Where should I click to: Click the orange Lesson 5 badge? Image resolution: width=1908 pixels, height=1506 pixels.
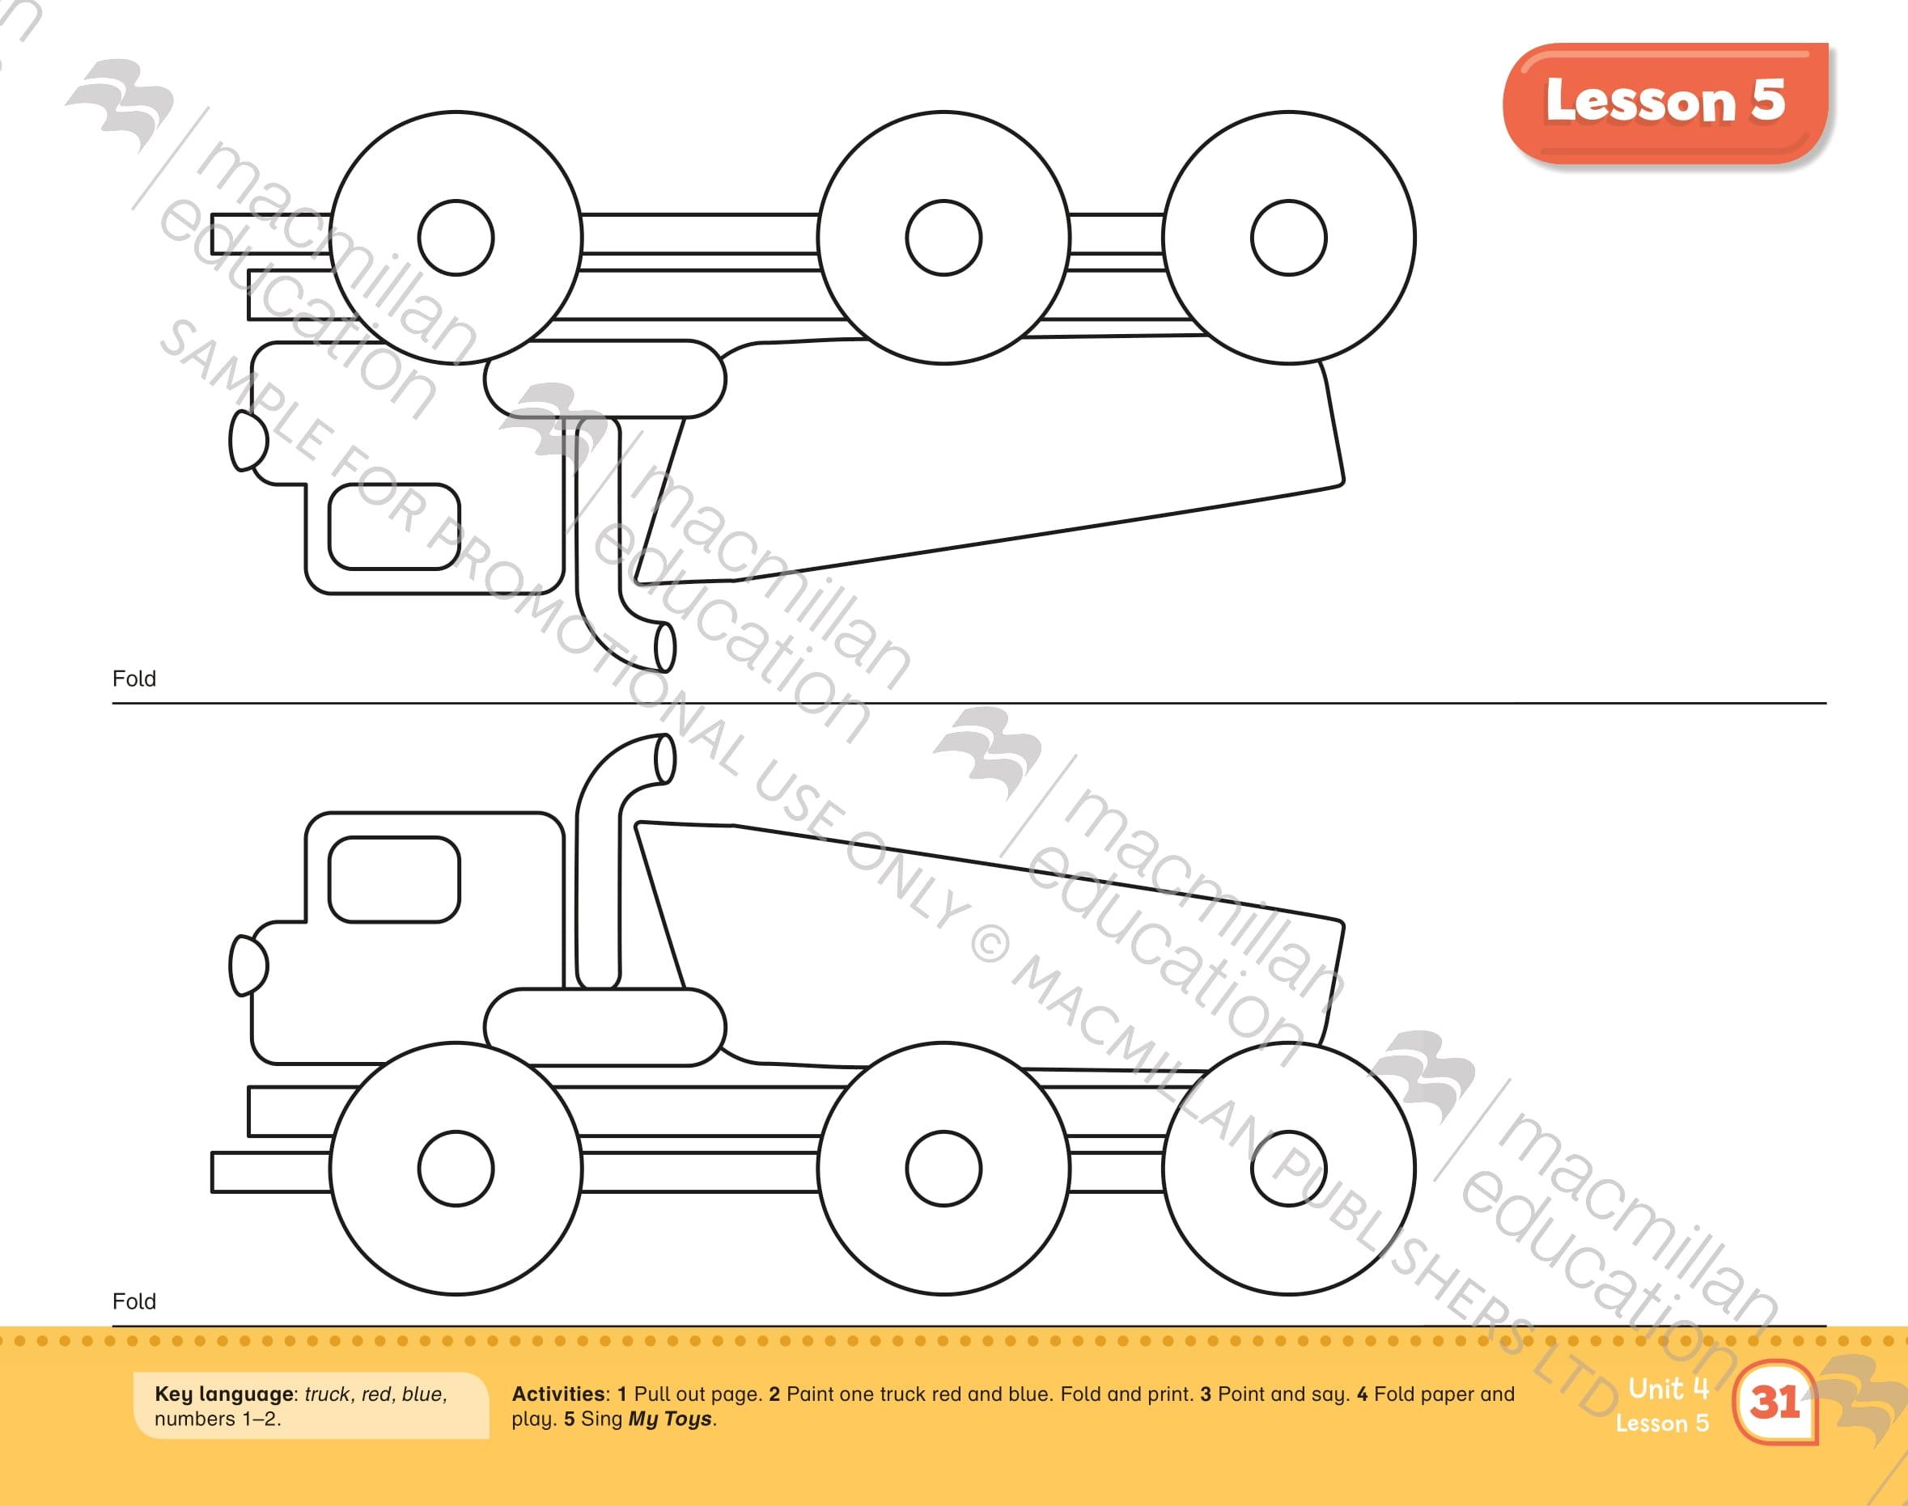1665,102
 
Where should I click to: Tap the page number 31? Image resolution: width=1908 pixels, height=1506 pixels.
1775,1401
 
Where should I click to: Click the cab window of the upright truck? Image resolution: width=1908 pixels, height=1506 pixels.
394,879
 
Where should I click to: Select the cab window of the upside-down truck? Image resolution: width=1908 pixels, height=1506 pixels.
394,527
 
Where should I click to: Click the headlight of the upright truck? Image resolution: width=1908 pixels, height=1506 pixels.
248,966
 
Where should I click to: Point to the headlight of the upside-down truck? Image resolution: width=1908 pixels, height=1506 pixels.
248,440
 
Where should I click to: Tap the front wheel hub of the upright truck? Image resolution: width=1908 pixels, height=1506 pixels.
456,1168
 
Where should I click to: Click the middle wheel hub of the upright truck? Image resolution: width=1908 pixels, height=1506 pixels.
943,1168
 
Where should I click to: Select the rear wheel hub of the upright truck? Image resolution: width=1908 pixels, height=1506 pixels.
1289,1168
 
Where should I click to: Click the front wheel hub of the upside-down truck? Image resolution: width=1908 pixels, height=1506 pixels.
456,237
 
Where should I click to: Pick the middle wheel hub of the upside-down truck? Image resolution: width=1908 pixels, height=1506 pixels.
943,237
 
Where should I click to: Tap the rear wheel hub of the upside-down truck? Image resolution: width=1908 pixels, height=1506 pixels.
1289,237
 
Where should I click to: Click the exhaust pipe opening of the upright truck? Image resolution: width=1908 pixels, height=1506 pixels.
665,759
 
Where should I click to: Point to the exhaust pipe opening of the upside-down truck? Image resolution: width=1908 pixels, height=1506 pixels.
665,647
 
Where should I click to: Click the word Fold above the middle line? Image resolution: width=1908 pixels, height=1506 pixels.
134,679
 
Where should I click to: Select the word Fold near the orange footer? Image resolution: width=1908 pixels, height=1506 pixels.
134,1301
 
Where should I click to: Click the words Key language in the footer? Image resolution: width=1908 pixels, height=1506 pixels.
224,1395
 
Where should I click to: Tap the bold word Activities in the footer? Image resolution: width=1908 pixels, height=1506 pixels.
559,1394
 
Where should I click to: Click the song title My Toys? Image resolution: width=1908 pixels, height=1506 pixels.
669,1419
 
